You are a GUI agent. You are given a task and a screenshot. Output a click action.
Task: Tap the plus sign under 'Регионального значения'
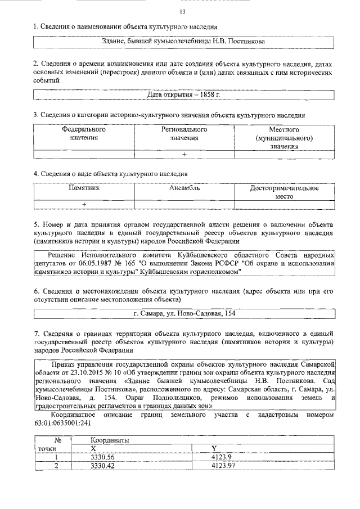pyautogui.click(x=184, y=154)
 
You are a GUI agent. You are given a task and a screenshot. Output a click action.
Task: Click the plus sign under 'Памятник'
pyautogui.click(x=84, y=204)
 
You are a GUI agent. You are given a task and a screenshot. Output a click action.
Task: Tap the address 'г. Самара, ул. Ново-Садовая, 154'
pyautogui.click(x=184, y=313)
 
